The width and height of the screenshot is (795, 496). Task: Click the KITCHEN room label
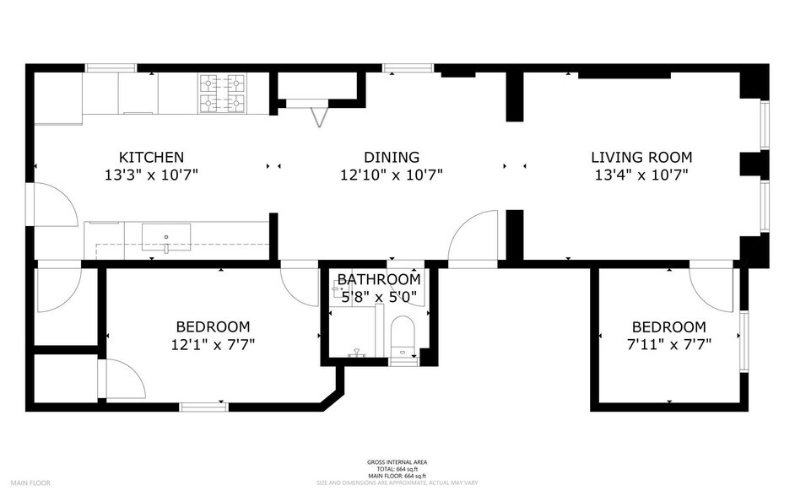point(151,157)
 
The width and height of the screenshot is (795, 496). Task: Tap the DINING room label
point(392,157)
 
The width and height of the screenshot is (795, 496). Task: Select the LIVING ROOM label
point(641,157)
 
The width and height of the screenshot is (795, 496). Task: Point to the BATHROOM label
point(379,279)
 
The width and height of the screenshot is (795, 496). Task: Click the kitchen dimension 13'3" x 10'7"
point(151,175)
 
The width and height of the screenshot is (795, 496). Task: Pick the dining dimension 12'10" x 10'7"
point(392,175)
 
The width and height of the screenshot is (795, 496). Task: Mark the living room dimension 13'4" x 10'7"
point(641,175)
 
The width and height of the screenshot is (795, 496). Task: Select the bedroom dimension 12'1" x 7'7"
point(213,344)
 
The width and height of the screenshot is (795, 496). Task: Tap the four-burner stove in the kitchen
point(222,94)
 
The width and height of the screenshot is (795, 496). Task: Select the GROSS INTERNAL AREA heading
point(397,462)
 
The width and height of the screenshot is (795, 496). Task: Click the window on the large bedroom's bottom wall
point(203,407)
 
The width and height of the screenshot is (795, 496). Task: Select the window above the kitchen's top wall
point(111,67)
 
